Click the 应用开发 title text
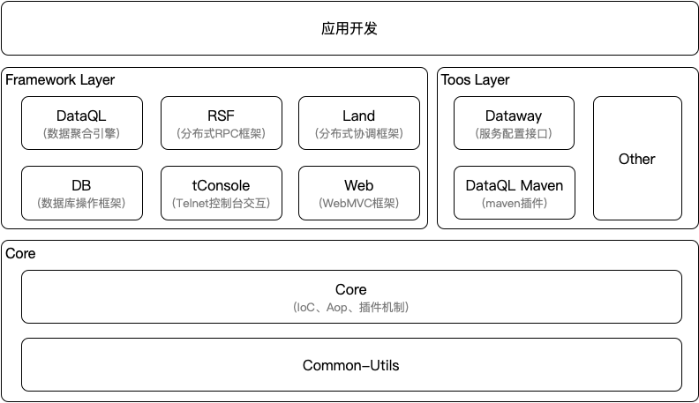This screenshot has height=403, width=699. tap(349, 29)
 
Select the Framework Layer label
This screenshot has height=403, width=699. tap(60, 80)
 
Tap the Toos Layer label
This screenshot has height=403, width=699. tap(475, 80)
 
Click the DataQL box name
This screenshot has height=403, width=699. tap(81, 116)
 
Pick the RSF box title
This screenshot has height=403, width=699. tap(221, 116)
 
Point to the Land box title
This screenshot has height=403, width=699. tap(358, 116)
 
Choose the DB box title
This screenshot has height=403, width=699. tap(81, 185)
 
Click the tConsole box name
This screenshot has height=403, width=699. tap(221, 185)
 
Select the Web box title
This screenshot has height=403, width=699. tap(358, 185)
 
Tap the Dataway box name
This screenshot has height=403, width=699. tap(514, 116)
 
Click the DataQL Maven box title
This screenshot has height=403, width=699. tap(514, 185)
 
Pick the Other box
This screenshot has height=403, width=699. tap(636, 159)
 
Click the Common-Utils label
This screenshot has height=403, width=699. tap(350, 365)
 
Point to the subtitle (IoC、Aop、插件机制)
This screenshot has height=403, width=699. tap(350, 308)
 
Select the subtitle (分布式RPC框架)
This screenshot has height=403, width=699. tap(221, 134)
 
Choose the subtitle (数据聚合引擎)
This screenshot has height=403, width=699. tap(81, 134)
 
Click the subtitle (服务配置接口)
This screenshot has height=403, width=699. tap(514, 134)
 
